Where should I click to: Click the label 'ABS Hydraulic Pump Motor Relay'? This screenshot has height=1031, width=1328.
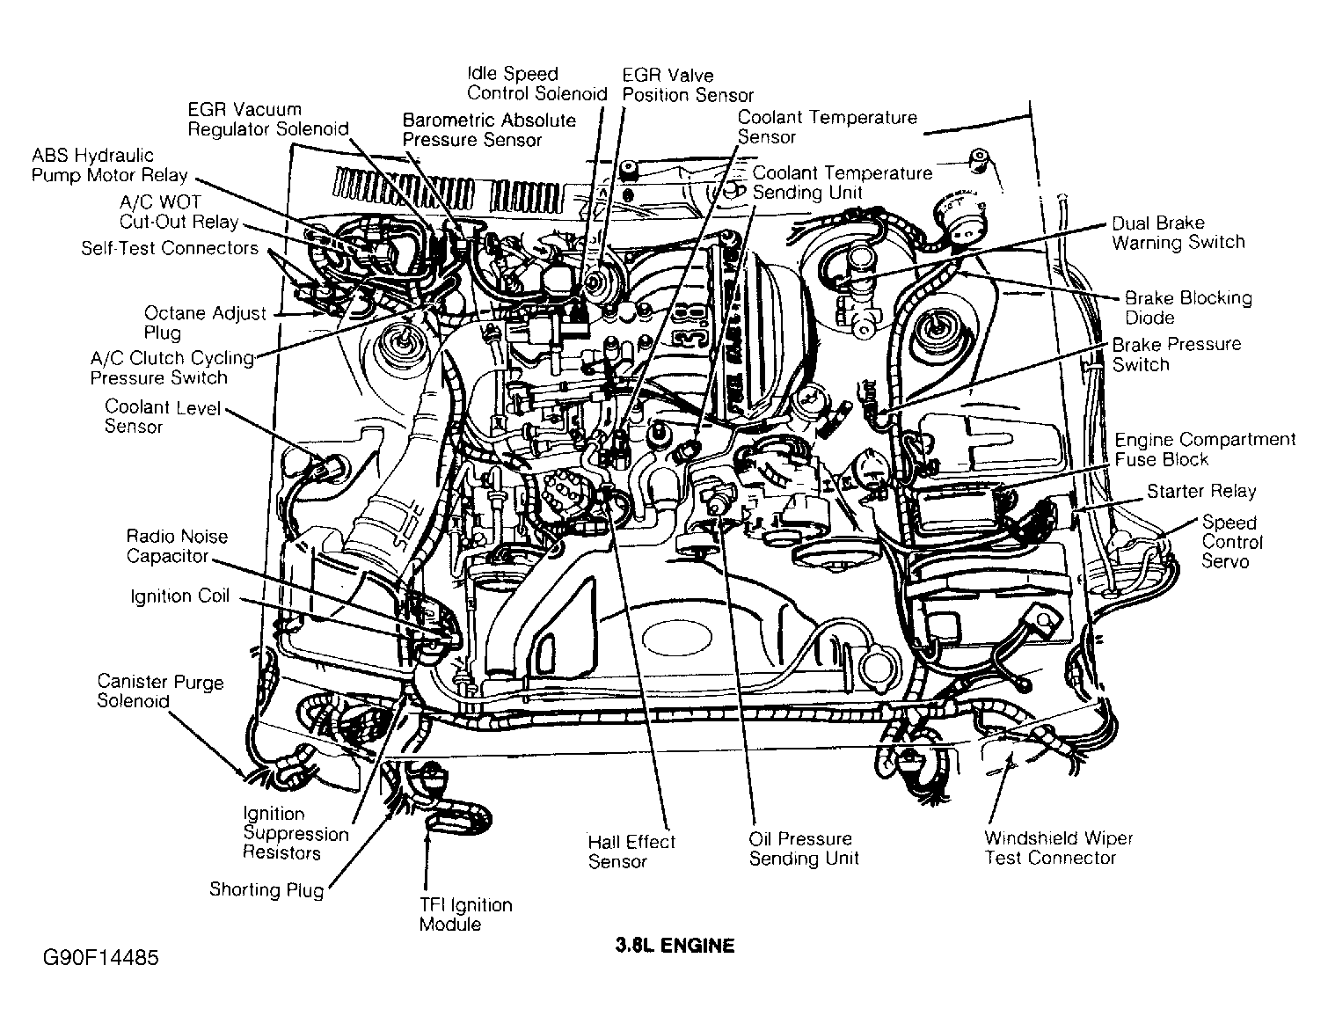click(x=109, y=165)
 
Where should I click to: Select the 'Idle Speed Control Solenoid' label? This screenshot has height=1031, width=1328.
click(x=536, y=84)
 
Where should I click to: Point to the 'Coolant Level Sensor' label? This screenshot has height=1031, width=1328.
click(x=162, y=417)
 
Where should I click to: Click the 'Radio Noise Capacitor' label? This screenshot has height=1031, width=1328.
click(x=176, y=545)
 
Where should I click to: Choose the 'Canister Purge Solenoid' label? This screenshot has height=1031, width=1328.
click(x=160, y=691)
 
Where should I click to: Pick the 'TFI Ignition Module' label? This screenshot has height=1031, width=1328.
click(x=465, y=914)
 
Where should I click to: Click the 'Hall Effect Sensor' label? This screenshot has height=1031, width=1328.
click(x=631, y=851)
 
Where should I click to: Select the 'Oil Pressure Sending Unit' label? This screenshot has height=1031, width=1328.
click(x=803, y=848)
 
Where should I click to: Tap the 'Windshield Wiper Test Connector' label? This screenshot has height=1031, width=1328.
click(x=1058, y=848)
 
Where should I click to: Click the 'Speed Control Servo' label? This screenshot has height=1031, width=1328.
click(x=1231, y=542)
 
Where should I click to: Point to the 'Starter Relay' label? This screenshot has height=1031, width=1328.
click(x=1200, y=491)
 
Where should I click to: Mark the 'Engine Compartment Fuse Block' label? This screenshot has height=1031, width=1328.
click(x=1204, y=449)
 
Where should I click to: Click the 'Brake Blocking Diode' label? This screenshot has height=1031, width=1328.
click(x=1187, y=307)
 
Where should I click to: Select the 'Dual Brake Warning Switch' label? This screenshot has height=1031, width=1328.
click(x=1178, y=232)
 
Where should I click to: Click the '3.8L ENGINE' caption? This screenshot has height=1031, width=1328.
click(x=674, y=947)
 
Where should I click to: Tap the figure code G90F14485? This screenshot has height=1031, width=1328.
click(x=99, y=957)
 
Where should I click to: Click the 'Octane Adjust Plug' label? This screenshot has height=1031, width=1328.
click(x=204, y=322)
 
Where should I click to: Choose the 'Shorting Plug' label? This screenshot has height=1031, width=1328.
click(x=266, y=889)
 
